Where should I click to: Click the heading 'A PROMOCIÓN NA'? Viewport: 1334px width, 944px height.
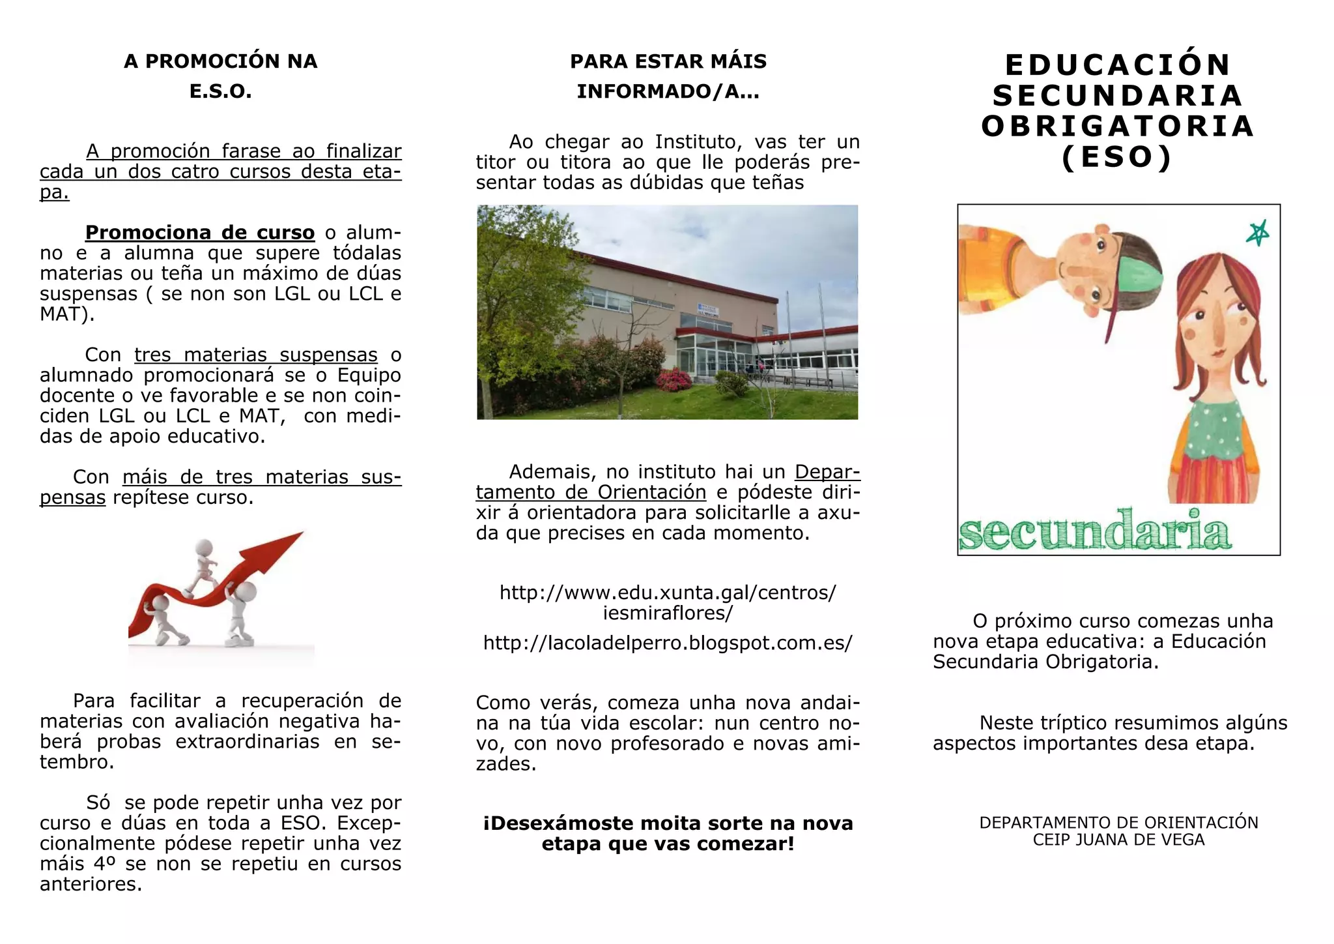coord(220,61)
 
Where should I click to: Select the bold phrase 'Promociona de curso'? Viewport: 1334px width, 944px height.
coord(200,233)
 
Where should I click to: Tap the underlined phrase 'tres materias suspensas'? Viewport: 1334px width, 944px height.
coord(255,355)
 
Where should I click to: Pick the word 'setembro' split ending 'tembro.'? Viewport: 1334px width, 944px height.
coord(76,762)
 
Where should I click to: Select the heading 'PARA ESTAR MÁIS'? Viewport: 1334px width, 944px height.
coord(668,61)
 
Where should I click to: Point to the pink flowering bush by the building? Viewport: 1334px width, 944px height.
coord(674,378)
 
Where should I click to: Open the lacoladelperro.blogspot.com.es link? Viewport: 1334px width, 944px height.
coord(668,643)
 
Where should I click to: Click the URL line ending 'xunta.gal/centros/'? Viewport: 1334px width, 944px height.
coord(668,593)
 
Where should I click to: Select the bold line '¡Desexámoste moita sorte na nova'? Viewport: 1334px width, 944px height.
coord(668,823)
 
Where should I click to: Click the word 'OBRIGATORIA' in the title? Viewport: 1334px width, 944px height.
coord(1118,126)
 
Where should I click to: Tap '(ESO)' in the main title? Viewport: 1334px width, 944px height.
coord(1118,157)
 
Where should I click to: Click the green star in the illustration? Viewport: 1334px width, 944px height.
coord(1257,233)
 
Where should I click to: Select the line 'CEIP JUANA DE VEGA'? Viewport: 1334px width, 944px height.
coord(1118,840)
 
